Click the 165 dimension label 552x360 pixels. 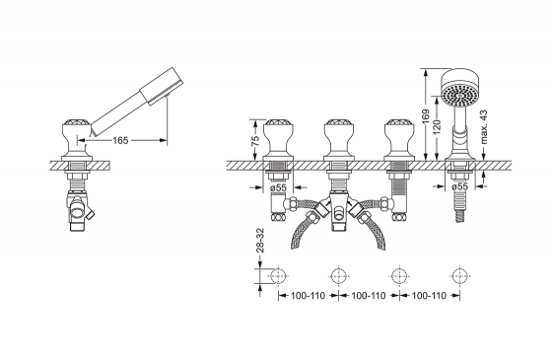[120, 140]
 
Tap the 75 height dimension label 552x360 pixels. [256, 139]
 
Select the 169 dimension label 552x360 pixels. [426, 117]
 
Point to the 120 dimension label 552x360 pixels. [437, 127]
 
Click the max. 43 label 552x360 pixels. [484, 127]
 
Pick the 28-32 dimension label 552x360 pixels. [260, 240]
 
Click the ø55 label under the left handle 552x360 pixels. [278, 187]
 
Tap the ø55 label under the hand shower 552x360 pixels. [459, 186]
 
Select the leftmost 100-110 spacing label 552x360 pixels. [308, 296]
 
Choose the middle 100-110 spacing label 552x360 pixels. [369, 296]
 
